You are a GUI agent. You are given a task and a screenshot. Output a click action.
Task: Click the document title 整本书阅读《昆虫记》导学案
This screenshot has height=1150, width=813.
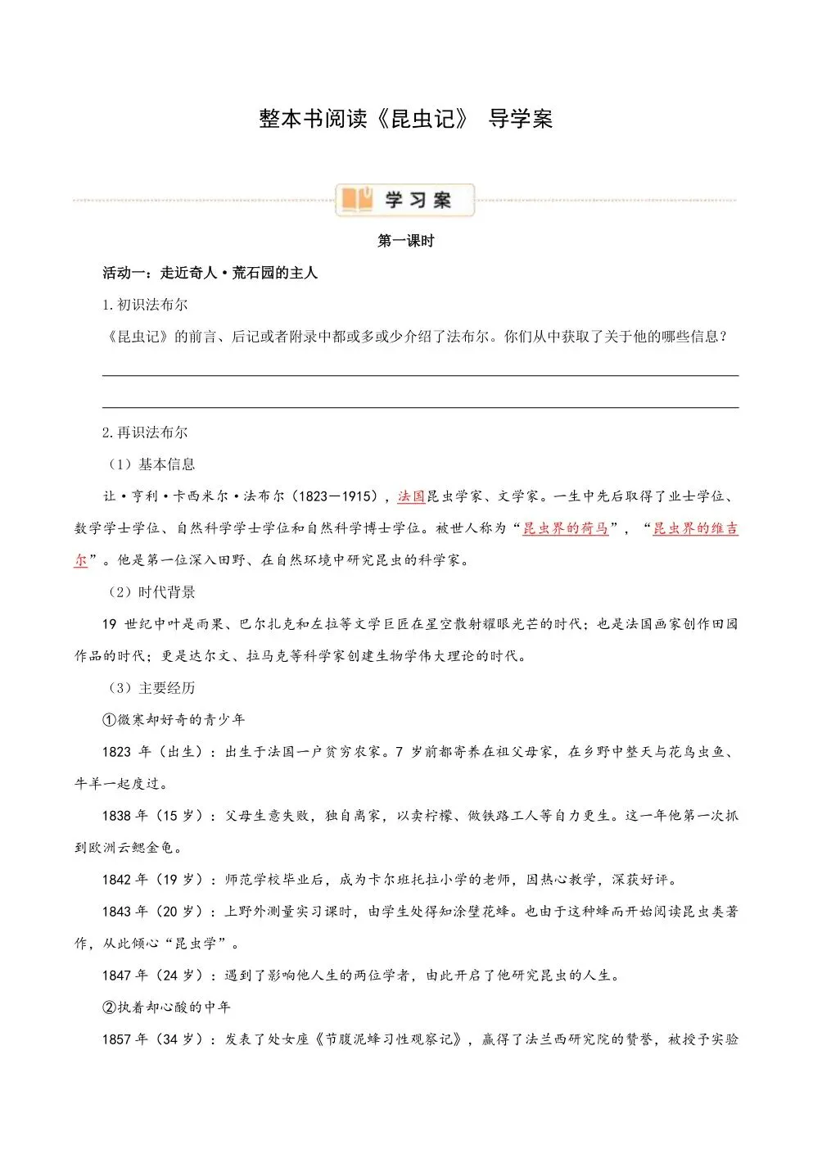click(405, 119)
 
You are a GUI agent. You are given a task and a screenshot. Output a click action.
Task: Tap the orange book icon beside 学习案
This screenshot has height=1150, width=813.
click(357, 199)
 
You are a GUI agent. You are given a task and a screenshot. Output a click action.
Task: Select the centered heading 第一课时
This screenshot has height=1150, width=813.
click(405, 241)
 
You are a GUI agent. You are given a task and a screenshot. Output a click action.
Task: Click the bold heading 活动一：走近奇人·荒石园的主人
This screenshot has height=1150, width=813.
click(210, 273)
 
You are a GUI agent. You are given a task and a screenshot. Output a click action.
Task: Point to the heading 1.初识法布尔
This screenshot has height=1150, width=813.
click(145, 305)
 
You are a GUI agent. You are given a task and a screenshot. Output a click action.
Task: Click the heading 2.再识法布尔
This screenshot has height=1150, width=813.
click(145, 432)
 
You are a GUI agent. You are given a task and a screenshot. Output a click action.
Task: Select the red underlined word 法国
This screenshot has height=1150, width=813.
click(411, 496)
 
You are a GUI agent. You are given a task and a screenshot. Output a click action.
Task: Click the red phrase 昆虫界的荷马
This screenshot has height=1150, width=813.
click(566, 528)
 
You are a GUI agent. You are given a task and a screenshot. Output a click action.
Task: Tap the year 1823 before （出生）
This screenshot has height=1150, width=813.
click(116, 752)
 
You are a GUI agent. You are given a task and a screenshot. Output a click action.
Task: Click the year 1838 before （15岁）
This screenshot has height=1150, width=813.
click(116, 816)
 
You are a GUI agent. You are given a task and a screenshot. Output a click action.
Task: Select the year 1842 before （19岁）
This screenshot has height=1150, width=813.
click(116, 880)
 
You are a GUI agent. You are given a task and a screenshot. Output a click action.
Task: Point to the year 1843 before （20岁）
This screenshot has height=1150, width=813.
click(116, 912)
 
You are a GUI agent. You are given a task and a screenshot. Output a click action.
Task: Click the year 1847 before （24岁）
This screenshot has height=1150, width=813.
click(116, 976)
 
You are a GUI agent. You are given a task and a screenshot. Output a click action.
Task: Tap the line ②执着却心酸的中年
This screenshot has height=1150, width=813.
click(166, 1007)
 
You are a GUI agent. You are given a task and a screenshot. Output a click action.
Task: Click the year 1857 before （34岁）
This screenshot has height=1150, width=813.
click(116, 1039)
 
